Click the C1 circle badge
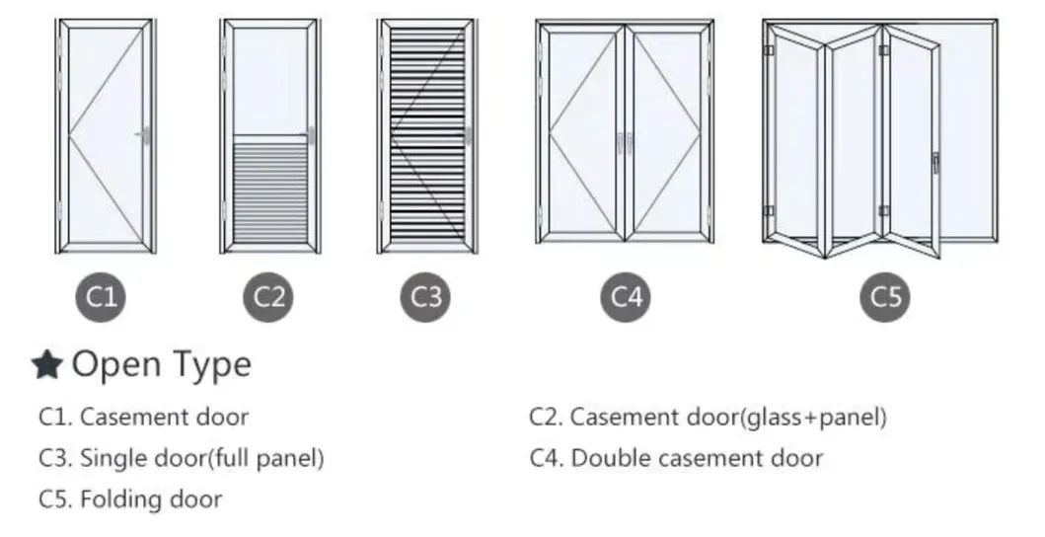click(x=101, y=297)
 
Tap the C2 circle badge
click(x=268, y=297)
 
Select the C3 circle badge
click(x=426, y=297)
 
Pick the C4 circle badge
click(x=626, y=297)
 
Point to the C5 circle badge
click(x=885, y=297)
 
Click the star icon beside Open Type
click(x=47, y=365)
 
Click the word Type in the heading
click(x=212, y=365)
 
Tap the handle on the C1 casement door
click(x=143, y=135)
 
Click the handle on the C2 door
click(x=310, y=135)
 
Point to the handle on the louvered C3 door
click(x=468, y=135)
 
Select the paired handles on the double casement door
click(x=625, y=143)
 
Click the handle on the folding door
click(x=935, y=163)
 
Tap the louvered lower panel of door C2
click(x=270, y=191)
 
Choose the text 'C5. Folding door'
click(x=130, y=499)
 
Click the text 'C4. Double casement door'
click(x=677, y=458)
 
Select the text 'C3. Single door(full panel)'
click(x=182, y=458)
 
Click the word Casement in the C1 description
click(x=124, y=418)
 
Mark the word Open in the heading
click(x=116, y=365)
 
